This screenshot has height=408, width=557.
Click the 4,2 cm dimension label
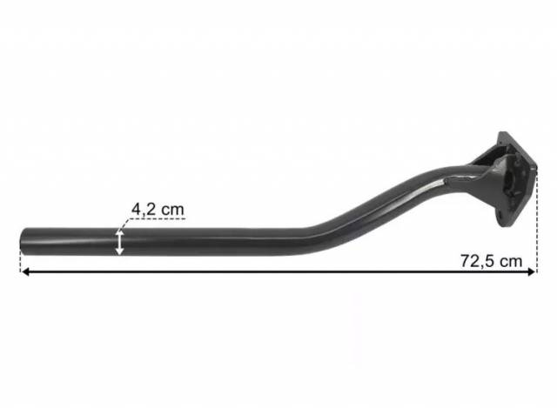158,210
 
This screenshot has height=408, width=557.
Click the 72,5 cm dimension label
491,261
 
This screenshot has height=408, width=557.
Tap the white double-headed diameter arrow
119,242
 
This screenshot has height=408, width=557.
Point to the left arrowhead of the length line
25,272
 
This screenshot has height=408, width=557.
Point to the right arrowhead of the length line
532,272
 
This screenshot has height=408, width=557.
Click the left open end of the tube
22,241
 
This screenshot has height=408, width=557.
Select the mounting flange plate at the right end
515,179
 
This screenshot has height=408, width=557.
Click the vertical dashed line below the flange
537,219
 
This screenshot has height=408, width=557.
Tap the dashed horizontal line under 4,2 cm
157,218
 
